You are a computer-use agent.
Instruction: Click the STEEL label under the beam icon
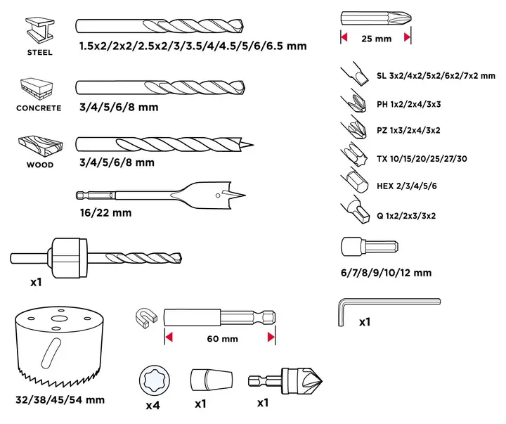click(x=39, y=52)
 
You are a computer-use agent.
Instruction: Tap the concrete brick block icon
click(x=37, y=89)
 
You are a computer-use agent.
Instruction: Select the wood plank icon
click(x=40, y=146)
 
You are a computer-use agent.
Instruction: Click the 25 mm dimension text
click(x=376, y=39)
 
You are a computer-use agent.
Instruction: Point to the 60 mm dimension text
click(x=222, y=339)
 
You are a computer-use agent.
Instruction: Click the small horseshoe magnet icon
click(x=146, y=318)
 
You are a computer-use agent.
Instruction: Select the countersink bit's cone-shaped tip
click(x=311, y=381)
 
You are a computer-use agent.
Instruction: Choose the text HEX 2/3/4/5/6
click(x=407, y=186)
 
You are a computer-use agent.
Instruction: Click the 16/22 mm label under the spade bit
click(x=106, y=213)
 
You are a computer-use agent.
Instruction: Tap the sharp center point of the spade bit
click(x=245, y=195)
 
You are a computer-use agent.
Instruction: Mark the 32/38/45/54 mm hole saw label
click(x=60, y=400)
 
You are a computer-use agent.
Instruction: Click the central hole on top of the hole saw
click(x=59, y=319)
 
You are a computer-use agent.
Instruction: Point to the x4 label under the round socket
click(x=153, y=405)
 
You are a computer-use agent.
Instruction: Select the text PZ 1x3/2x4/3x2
click(x=408, y=131)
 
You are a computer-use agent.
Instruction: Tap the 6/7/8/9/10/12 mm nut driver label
click(x=386, y=273)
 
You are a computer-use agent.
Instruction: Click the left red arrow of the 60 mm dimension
click(x=169, y=337)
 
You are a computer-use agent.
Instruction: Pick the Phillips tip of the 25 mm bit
click(x=399, y=18)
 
